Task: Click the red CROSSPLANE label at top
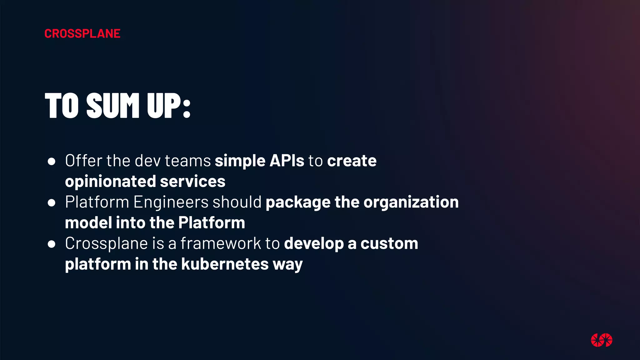[82, 34]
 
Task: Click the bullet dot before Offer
[52, 162]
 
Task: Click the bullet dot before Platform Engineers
[52, 203]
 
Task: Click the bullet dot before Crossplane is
[52, 244]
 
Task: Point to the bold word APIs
[287, 161]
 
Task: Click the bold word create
[352, 161]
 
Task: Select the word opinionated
[110, 182]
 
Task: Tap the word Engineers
[171, 202]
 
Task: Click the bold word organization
[411, 202]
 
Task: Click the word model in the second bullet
[88, 223]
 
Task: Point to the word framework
[221, 243]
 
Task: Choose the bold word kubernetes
[225, 264]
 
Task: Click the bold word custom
[389, 243]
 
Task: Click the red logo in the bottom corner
[601, 340]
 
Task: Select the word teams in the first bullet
[188, 161]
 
